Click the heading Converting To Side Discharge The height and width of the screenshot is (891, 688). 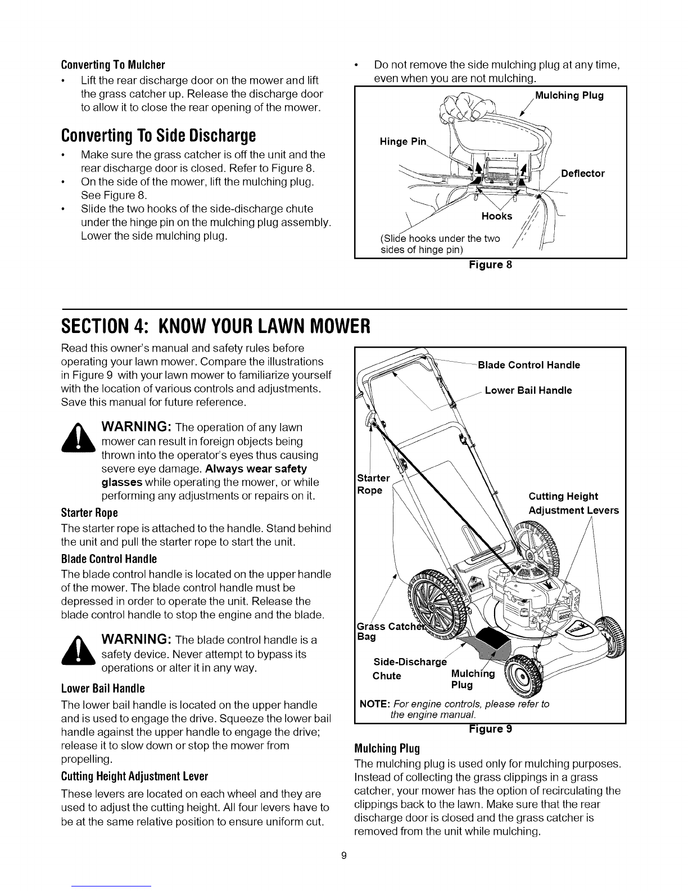(158, 136)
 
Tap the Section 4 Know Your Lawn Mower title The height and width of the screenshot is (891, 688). (215, 326)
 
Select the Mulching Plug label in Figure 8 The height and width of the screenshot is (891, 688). (569, 96)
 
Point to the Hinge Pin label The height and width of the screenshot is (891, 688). (403, 142)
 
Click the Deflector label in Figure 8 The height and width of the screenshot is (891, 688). (583, 173)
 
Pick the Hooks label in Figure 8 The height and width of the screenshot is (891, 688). (497, 216)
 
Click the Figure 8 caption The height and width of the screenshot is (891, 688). (491, 265)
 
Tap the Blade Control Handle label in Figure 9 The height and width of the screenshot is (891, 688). (529, 365)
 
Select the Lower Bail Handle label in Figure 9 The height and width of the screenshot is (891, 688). (528, 390)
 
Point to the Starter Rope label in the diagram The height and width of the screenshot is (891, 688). (373, 484)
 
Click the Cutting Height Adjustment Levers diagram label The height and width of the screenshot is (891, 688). (574, 503)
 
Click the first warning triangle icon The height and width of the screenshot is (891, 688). (78, 438)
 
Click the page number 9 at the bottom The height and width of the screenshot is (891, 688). (344, 856)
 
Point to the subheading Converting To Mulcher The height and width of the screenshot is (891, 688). (113, 65)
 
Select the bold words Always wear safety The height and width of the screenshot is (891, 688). (256, 469)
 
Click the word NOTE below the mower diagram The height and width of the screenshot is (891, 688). (374, 704)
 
